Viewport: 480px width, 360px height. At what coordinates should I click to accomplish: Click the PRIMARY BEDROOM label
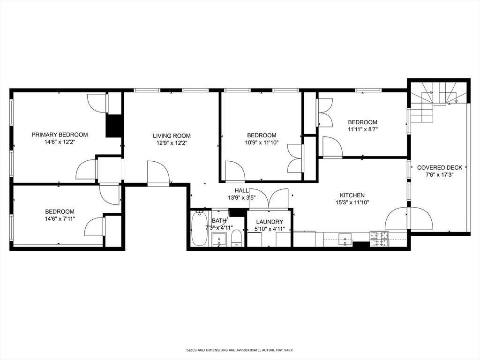point(60,135)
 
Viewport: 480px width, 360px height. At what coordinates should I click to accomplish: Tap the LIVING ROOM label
point(172,136)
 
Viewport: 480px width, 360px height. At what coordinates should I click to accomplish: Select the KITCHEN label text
point(352,195)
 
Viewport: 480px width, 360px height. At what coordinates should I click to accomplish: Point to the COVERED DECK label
point(439,167)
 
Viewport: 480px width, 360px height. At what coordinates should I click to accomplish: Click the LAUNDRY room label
point(269,222)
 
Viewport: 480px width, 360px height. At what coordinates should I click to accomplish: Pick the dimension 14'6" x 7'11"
point(60,218)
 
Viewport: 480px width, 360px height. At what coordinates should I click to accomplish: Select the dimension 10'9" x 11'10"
point(262,142)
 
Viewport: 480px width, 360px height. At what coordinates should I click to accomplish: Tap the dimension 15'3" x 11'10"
point(352,202)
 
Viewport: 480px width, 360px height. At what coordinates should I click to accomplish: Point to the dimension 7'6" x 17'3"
point(439,174)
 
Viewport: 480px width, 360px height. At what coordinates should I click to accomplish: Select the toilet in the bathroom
point(236,238)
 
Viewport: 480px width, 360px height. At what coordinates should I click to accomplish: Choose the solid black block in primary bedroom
point(113,126)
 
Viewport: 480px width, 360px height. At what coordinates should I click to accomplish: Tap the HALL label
point(242,190)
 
